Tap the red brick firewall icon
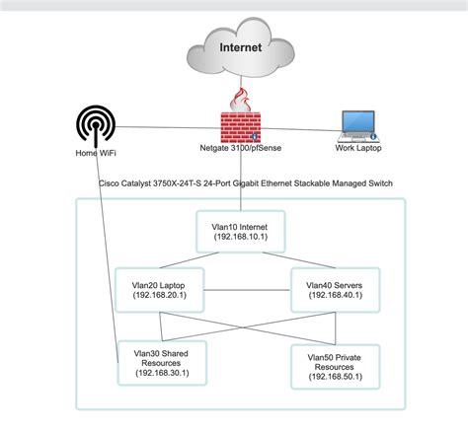click(241, 127)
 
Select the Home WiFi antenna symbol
click(96, 126)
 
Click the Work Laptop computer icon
click(358, 126)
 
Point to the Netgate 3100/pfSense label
click(241, 148)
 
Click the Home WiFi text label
click(96, 153)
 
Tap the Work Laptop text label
click(358, 148)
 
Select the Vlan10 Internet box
click(241, 232)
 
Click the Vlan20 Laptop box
click(160, 290)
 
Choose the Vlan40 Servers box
click(336, 290)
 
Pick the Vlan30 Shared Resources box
click(162, 363)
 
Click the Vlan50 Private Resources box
click(336, 367)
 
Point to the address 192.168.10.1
click(241, 237)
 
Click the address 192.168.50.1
click(336, 377)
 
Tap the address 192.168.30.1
click(162, 373)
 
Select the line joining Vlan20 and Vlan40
click(248, 290)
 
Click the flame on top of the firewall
click(241, 100)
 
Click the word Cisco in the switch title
click(109, 183)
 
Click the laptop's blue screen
click(358, 121)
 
